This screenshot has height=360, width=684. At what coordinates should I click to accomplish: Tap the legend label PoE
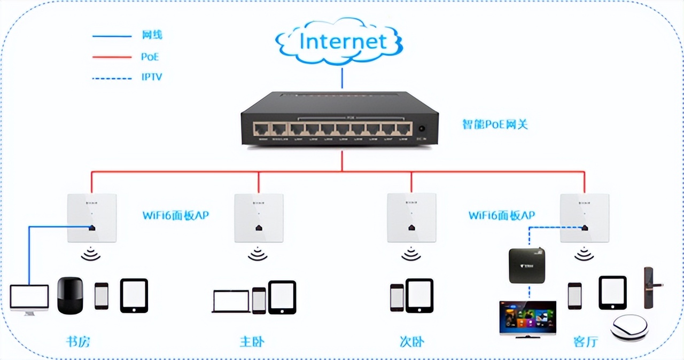click(150, 57)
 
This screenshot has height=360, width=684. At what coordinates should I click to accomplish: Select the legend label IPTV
click(152, 77)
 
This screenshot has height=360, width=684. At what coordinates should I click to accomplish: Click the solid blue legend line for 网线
click(112, 36)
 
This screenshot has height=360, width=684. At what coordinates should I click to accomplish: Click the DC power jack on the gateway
click(422, 129)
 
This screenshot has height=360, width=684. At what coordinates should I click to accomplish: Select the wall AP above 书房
click(92, 218)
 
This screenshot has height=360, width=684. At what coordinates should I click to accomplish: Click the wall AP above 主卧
click(259, 218)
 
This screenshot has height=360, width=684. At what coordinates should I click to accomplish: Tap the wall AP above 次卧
click(411, 218)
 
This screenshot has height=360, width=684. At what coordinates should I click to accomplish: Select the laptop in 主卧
click(231, 301)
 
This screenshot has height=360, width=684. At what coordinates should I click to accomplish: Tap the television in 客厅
click(527, 318)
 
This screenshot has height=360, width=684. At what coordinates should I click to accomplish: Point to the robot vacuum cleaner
click(629, 328)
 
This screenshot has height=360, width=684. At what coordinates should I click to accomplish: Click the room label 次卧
click(411, 341)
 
